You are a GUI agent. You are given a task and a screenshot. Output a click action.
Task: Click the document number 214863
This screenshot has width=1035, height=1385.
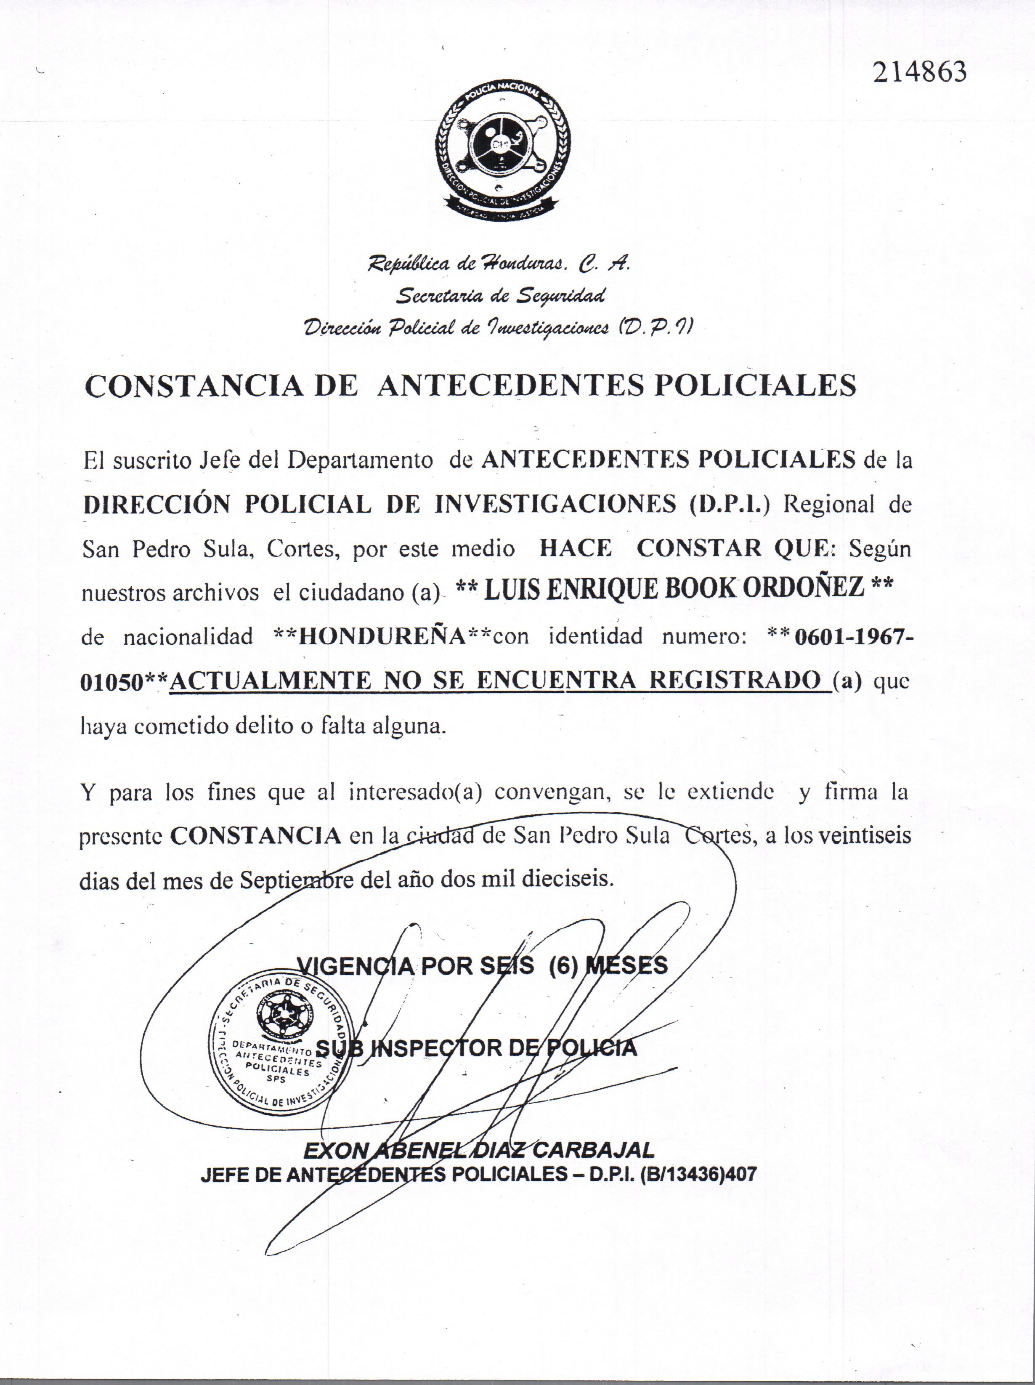919,73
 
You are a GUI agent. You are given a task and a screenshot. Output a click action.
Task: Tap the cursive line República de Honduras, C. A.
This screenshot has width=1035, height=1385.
499,265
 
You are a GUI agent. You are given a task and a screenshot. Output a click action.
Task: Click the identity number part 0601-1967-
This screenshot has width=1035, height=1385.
853,637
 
